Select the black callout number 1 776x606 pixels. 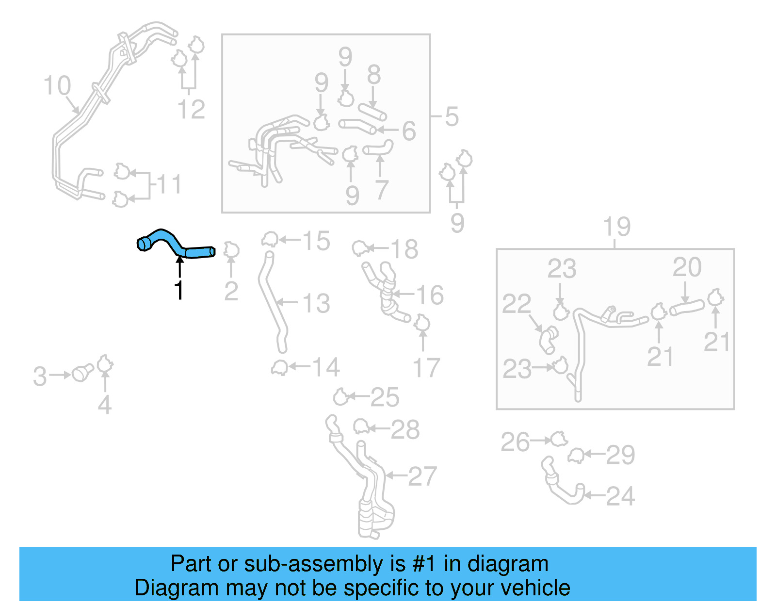(x=179, y=290)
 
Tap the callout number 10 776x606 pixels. (x=57, y=86)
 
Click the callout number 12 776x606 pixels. (x=191, y=109)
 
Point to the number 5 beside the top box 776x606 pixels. (x=452, y=117)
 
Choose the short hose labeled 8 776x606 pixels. (x=372, y=111)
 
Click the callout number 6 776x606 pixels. (x=409, y=131)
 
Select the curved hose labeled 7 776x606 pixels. (x=379, y=148)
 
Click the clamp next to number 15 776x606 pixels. (x=270, y=239)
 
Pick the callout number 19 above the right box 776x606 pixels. (x=616, y=227)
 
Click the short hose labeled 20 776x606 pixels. (x=687, y=307)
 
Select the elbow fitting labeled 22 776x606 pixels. (x=548, y=339)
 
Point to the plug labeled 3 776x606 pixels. (x=82, y=373)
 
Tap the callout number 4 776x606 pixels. (x=105, y=405)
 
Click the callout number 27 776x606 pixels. (x=422, y=476)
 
